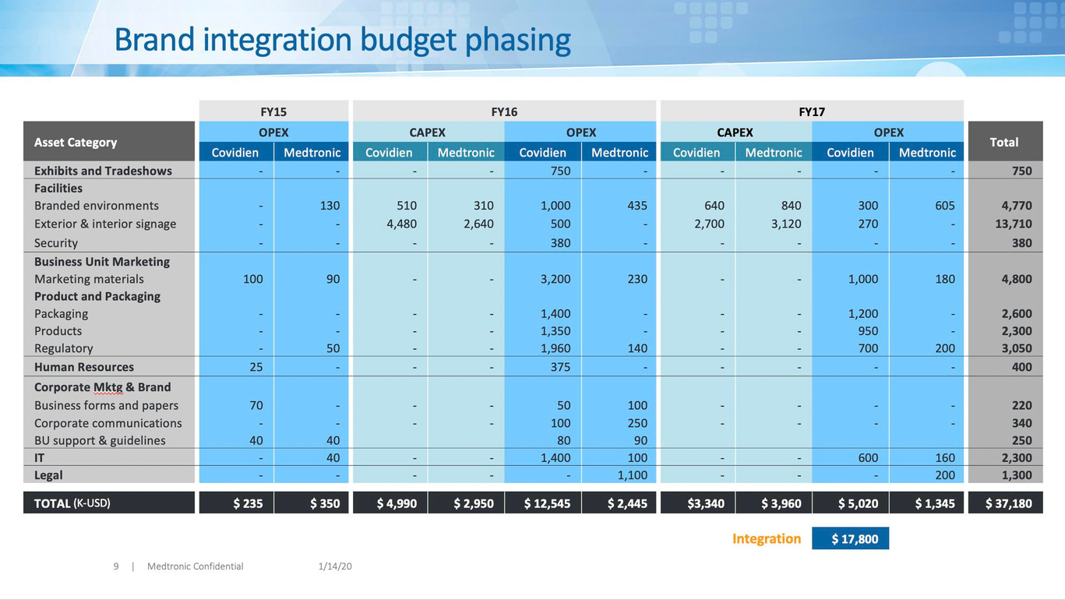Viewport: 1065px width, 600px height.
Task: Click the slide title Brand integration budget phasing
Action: click(x=342, y=41)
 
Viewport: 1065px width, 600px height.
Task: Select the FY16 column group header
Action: click(x=504, y=111)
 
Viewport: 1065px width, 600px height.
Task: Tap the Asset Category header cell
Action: click(x=76, y=142)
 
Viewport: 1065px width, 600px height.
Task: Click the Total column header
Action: click(x=1003, y=142)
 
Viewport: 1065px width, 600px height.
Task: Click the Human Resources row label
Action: click(x=84, y=367)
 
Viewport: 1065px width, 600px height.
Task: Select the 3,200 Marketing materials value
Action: click(x=555, y=279)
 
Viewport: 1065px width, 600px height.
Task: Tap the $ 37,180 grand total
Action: click(x=1008, y=503)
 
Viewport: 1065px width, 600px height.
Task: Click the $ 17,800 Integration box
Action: click(x=850, y=538)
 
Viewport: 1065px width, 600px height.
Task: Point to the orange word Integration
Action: click(x=767, y=538)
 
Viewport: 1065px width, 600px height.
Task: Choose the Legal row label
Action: click(x=48, y=475)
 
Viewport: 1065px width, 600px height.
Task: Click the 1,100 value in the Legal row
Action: click(x=632, y=475)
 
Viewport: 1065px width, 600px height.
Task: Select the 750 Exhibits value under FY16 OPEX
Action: click(x=560, y=171)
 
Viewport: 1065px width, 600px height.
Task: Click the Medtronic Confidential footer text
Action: click(x=195, y=566)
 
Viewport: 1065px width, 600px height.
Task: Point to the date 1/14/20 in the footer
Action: click(x=335, y=566)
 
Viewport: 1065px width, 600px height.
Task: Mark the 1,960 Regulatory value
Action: click(x=555, y=348)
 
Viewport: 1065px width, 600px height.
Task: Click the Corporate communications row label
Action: click(x=108, y=423)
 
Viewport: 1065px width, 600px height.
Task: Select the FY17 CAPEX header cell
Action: click(x=735, y=132)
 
